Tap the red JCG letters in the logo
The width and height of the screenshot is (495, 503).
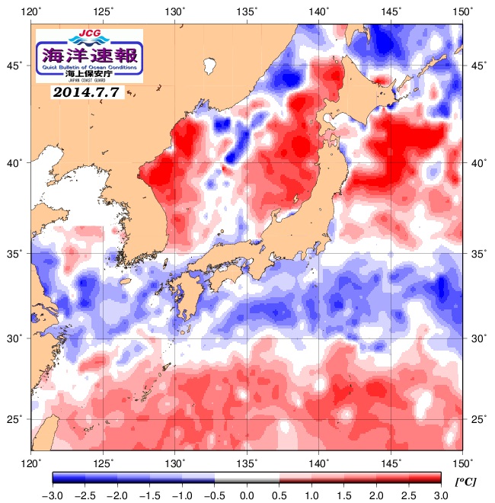(x=89, y=34)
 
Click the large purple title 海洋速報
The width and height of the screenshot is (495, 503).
(x=89, y=54)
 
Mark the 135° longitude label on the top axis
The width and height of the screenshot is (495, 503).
(x=247, y=11)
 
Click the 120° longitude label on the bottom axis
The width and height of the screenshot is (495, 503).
(x=31, y=462)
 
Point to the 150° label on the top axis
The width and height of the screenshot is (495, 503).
(x=462, y=11)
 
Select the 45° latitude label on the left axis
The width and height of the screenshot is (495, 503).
(x=14, y=66)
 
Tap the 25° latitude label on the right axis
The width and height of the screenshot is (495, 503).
(x=477, y=419)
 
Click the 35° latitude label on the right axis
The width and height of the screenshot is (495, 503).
(x=477, y=253)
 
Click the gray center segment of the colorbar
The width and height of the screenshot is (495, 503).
(x=247, y=478)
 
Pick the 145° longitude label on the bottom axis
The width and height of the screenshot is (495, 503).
(x=391, y=462)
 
